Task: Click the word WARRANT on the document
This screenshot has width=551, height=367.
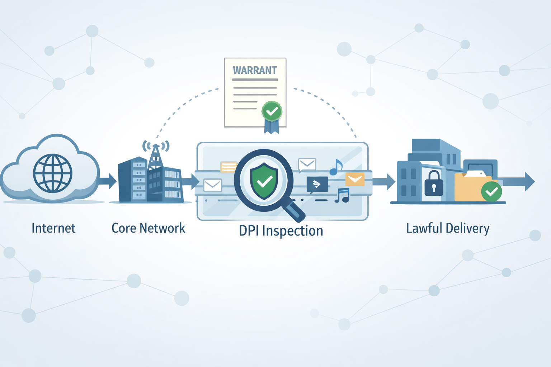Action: (255, 70)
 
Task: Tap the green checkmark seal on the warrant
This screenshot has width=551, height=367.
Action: (272, 111)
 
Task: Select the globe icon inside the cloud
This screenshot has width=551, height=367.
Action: (53, 173)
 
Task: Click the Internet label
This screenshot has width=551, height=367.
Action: (53, 228)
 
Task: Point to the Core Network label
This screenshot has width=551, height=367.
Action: (148, 228)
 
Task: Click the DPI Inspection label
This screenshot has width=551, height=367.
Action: (281, 231)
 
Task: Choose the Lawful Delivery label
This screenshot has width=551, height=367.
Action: (448, 228)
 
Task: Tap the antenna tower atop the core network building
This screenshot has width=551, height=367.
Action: (155, 156)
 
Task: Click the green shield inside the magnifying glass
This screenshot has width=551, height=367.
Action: (264, 181)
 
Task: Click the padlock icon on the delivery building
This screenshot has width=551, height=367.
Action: (434, 184)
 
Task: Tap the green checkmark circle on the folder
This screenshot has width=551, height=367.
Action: (491, 192)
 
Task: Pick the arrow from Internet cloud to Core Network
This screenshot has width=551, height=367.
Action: (108, 181)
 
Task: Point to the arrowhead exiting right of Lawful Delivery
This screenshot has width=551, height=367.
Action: (529, 181)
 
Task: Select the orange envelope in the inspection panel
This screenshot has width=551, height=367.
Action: (355, 179)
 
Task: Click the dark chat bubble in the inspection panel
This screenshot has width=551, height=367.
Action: (317, 184)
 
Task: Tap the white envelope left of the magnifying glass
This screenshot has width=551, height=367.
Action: (213, 185)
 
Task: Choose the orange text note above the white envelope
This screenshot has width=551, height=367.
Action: (229, 167)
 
